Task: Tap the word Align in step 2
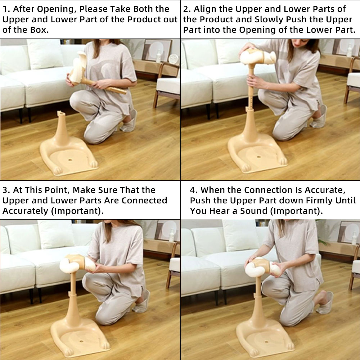coord(205,9)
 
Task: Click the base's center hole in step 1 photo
coord(70,160)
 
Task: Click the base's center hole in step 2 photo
coord(259,157)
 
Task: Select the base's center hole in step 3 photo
coord(81,341)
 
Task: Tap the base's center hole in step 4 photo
coord(266,342)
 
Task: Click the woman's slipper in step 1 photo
coord(129,122)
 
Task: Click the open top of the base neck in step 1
coord(61,113)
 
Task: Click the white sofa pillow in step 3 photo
coord(56,234)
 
